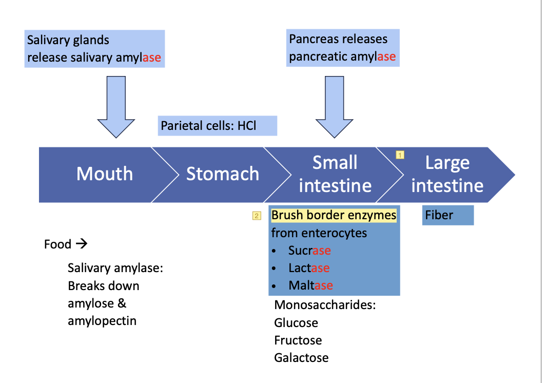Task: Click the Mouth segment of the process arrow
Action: point(105,174)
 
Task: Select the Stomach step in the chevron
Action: point(222,174)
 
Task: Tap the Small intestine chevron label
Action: point(335,174)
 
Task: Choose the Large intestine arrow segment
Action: point(447,174)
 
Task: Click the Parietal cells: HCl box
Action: point(217,126)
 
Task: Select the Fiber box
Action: point(447,215)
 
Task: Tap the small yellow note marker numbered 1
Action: point(400,154)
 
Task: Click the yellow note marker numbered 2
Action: point(257,216)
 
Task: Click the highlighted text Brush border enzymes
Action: point(334,215)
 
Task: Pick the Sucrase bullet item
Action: point(309,251)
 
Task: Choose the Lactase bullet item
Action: point(308,268)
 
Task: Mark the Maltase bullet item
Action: point(310,285)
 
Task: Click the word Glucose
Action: point(296,323)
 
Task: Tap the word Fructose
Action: point(298,340)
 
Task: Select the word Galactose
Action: point(301,358)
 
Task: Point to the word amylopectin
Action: point(102,321)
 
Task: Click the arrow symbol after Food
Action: point(81,244)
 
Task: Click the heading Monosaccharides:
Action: point(325,305)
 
